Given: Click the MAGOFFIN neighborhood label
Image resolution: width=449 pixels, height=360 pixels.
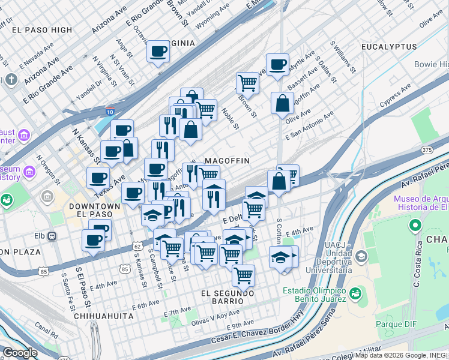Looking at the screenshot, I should click(227, 161).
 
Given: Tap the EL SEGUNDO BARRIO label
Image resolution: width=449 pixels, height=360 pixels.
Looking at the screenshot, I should click(228, 293).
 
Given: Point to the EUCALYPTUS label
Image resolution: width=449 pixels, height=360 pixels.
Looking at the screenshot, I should click(389, 46).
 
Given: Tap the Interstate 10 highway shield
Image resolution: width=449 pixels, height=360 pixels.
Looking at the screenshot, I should click(110, 112).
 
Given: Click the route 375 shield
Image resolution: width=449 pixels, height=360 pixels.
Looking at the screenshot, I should click(427, 149).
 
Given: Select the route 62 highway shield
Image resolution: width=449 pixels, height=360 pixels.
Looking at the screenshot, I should click(137, 247).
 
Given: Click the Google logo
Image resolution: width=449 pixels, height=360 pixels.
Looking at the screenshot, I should click(20, 353).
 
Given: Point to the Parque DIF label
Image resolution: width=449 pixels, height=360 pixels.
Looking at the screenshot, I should click(396, 325).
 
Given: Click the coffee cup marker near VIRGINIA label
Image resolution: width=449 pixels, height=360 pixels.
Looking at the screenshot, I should click(158, 52).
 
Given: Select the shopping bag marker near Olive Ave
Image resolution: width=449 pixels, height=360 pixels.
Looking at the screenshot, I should click(282, 103).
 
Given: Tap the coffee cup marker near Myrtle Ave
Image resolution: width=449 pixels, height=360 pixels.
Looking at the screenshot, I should click(277, 64).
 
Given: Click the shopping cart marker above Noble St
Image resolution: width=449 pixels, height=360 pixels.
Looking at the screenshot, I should click(247, 83).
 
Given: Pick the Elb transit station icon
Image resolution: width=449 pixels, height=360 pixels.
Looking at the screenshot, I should click(52, 236).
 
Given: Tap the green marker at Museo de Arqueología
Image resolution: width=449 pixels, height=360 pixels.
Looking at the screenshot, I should click(414, 226).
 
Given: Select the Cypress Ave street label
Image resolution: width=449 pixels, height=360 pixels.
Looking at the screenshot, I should click(394, 95).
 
